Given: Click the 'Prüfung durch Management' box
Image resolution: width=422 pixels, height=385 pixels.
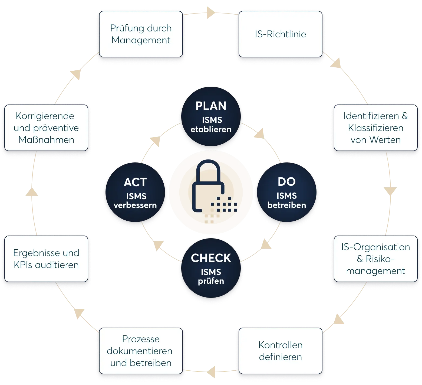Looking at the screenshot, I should pos(141,34).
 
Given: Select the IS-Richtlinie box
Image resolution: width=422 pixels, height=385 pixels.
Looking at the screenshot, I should pos(280,34).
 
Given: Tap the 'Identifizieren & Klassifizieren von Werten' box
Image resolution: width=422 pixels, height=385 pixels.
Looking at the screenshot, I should pos(375,128).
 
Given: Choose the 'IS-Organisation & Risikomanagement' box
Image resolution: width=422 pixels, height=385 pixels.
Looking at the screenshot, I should pos(375,259).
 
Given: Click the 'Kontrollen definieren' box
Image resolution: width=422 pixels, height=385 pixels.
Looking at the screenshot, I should pos(280,351).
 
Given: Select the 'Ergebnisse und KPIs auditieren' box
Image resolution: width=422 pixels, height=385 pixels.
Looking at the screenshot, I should pos(46,259).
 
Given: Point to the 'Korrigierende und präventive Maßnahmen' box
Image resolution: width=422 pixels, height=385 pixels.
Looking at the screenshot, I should pos(46,128).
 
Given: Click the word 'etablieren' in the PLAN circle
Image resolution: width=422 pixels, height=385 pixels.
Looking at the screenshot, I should pos(211,129).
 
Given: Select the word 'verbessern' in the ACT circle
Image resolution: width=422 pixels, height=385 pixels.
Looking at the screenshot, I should pos(135,205).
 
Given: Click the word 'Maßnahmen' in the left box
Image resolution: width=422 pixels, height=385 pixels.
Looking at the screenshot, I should pos(46,140).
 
